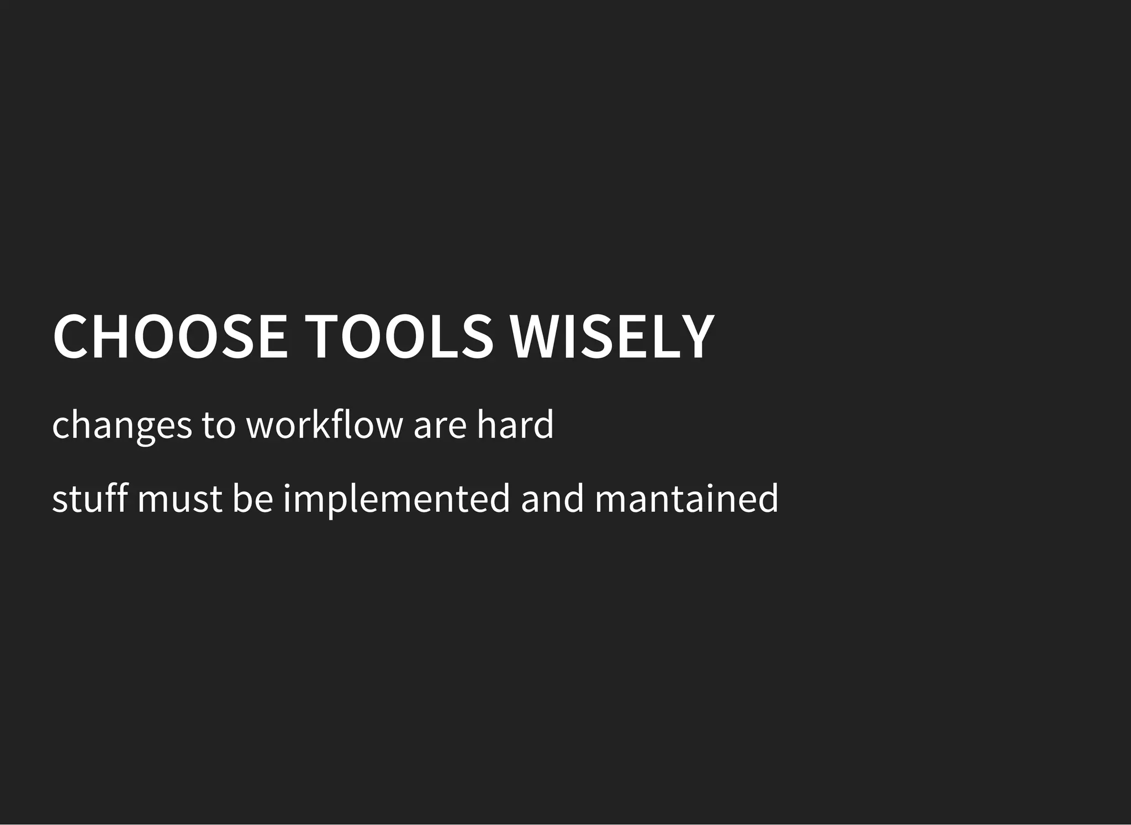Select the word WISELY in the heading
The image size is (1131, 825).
click(611, 336)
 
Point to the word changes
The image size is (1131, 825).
click(121, 426)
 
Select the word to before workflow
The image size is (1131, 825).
click(218, 426)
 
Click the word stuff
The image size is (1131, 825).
click(89, 498)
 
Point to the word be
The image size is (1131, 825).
click(252, 498)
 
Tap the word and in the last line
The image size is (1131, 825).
click(552, 498)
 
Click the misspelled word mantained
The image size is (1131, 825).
click(686, 498)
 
